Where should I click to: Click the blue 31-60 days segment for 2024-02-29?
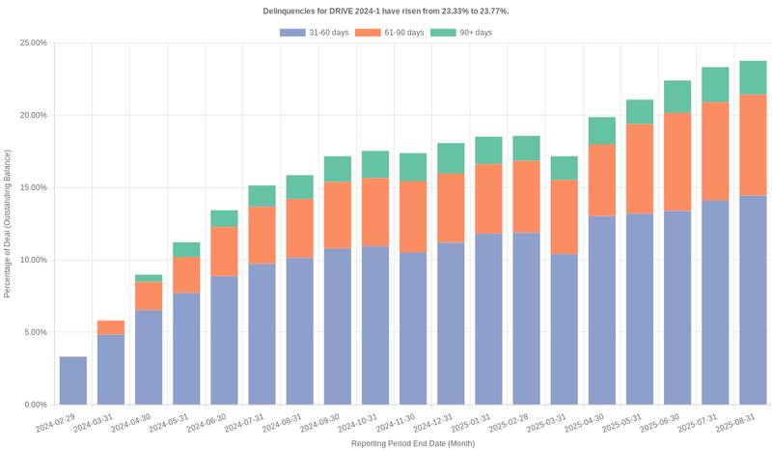(x=73, y=381)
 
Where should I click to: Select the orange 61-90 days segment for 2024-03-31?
(x=111, y=327)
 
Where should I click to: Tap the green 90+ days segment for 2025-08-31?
(x=753, y=77)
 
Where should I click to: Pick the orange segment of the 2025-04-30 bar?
(x=602, y=180)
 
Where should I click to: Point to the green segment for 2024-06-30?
(x=224, y=218)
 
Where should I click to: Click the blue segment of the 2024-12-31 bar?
(x=451, y=324)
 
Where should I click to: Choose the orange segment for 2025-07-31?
(x=715, y=151)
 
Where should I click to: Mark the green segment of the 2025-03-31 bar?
(x=564, y=168)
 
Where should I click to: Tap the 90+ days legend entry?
(x=461, y=33)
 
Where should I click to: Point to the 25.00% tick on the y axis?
(x=32, y=43)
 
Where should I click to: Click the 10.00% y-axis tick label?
(x=32, y=260)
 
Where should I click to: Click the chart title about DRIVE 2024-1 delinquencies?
(x=386, y=11)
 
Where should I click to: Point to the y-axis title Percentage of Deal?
(x=8, y=223)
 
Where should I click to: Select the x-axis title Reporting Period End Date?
(x=412, y=443)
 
